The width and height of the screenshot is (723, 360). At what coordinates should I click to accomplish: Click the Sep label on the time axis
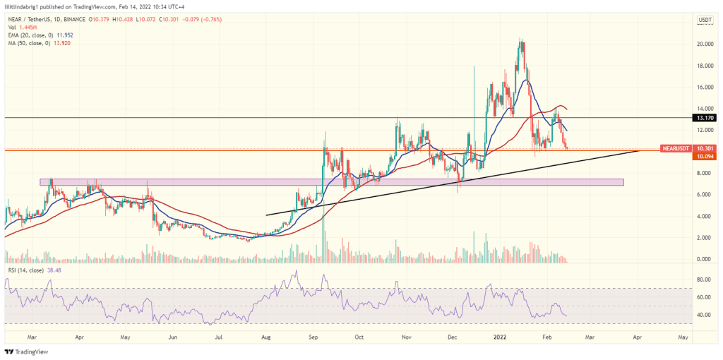[313, 337]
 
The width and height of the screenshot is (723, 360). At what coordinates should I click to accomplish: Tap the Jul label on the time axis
[220, 337]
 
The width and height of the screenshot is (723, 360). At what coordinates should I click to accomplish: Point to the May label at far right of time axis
[683, 337]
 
